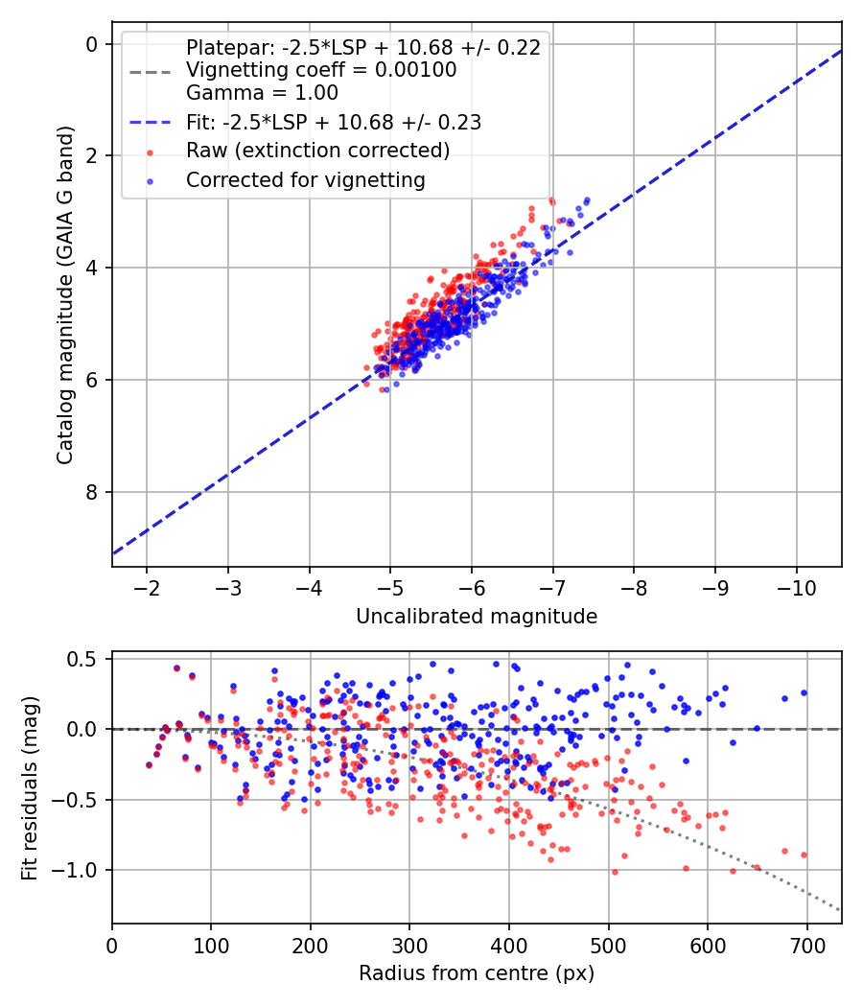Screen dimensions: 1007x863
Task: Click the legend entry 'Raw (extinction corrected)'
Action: tap(317, 152)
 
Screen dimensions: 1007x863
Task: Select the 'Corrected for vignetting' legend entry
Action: tap(305, 179)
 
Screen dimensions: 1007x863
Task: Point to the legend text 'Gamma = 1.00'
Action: tap(262, 93)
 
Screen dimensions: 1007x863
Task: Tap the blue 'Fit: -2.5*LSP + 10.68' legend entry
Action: tap(333, 122)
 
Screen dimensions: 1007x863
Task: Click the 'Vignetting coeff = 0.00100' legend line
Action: tap(321, 70)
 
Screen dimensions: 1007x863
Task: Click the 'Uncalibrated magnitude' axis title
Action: tap(477, 617)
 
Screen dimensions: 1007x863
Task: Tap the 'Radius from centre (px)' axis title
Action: tap(477, 973)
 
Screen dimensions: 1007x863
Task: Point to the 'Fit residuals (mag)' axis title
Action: tap(30, 786)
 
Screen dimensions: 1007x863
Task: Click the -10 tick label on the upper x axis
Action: tap(792, 588)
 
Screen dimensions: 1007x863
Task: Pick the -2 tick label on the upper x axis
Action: tap(147, 588)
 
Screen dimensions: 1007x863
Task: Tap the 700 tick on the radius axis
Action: tap(806, 944)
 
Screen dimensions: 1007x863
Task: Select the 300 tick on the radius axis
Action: tap(409, 944)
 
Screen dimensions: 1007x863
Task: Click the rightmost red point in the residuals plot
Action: tap(804, 855)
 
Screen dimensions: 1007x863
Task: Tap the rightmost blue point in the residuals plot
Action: tap(804, 692)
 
